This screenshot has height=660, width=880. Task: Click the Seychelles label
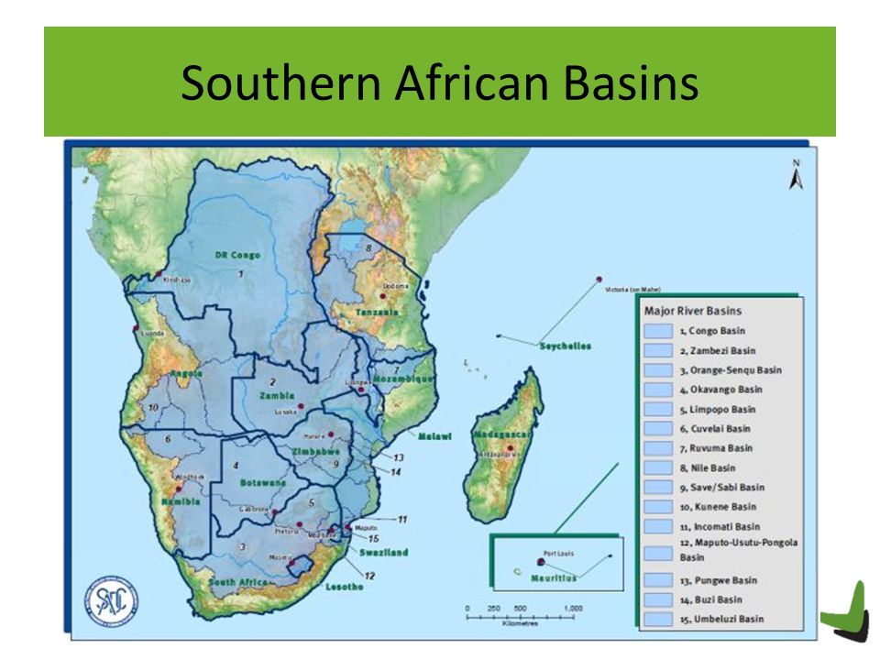(x=565, y=346)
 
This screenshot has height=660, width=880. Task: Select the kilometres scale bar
(x=522, y=615)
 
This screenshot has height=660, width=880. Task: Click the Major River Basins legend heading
(x=693, y=311)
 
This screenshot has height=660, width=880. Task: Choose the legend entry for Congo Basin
(x=712, y=331)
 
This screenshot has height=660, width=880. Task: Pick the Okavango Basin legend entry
(x=718, y=390)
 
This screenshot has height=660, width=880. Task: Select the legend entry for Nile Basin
(x=708, y=467)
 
